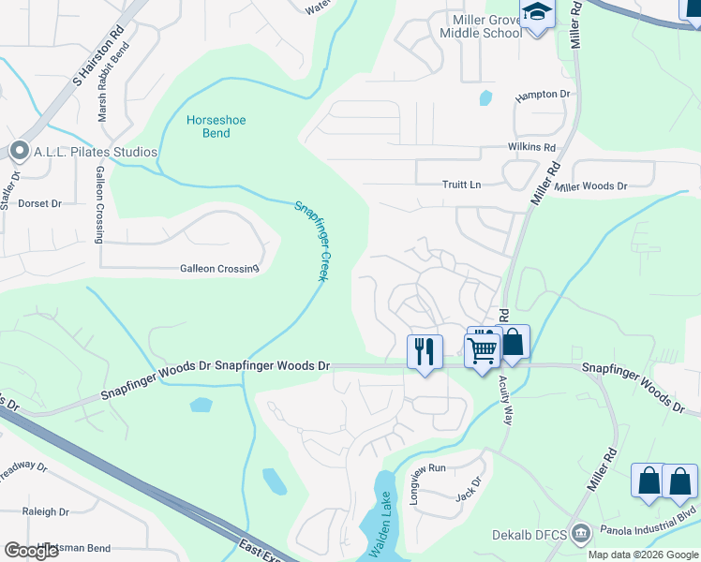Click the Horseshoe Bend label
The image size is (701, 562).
pyautogui.click(x=208, y=126)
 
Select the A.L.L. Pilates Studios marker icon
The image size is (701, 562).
pyautogui.click(x=18, y=151)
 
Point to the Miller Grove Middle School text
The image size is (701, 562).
pyautogui.click(x=481, y=26)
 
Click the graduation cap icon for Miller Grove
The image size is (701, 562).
pyautogui.click(x=537, y=13)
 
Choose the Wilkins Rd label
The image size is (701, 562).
pyautogui.click(x=531, y=148)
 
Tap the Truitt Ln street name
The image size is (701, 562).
pyautogui.click(x=461, y=185)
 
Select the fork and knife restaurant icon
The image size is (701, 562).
pyautogui.click(x=425, y=351)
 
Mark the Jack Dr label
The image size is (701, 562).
pyautogui.click(x=469, y=488)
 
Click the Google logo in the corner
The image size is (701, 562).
pyautogui.click(x=32, y=551)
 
